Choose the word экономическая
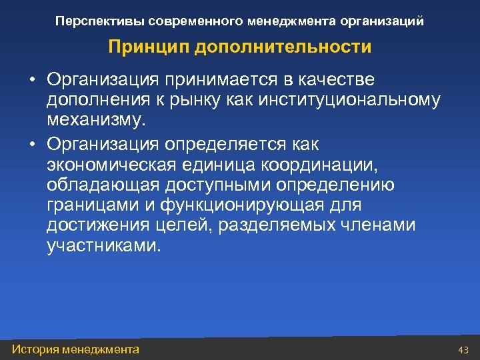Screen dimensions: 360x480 click(111, 164)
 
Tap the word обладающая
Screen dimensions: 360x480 click(95, 185)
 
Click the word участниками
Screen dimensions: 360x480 click(103, 247)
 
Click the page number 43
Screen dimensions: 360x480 click(464, 350)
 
